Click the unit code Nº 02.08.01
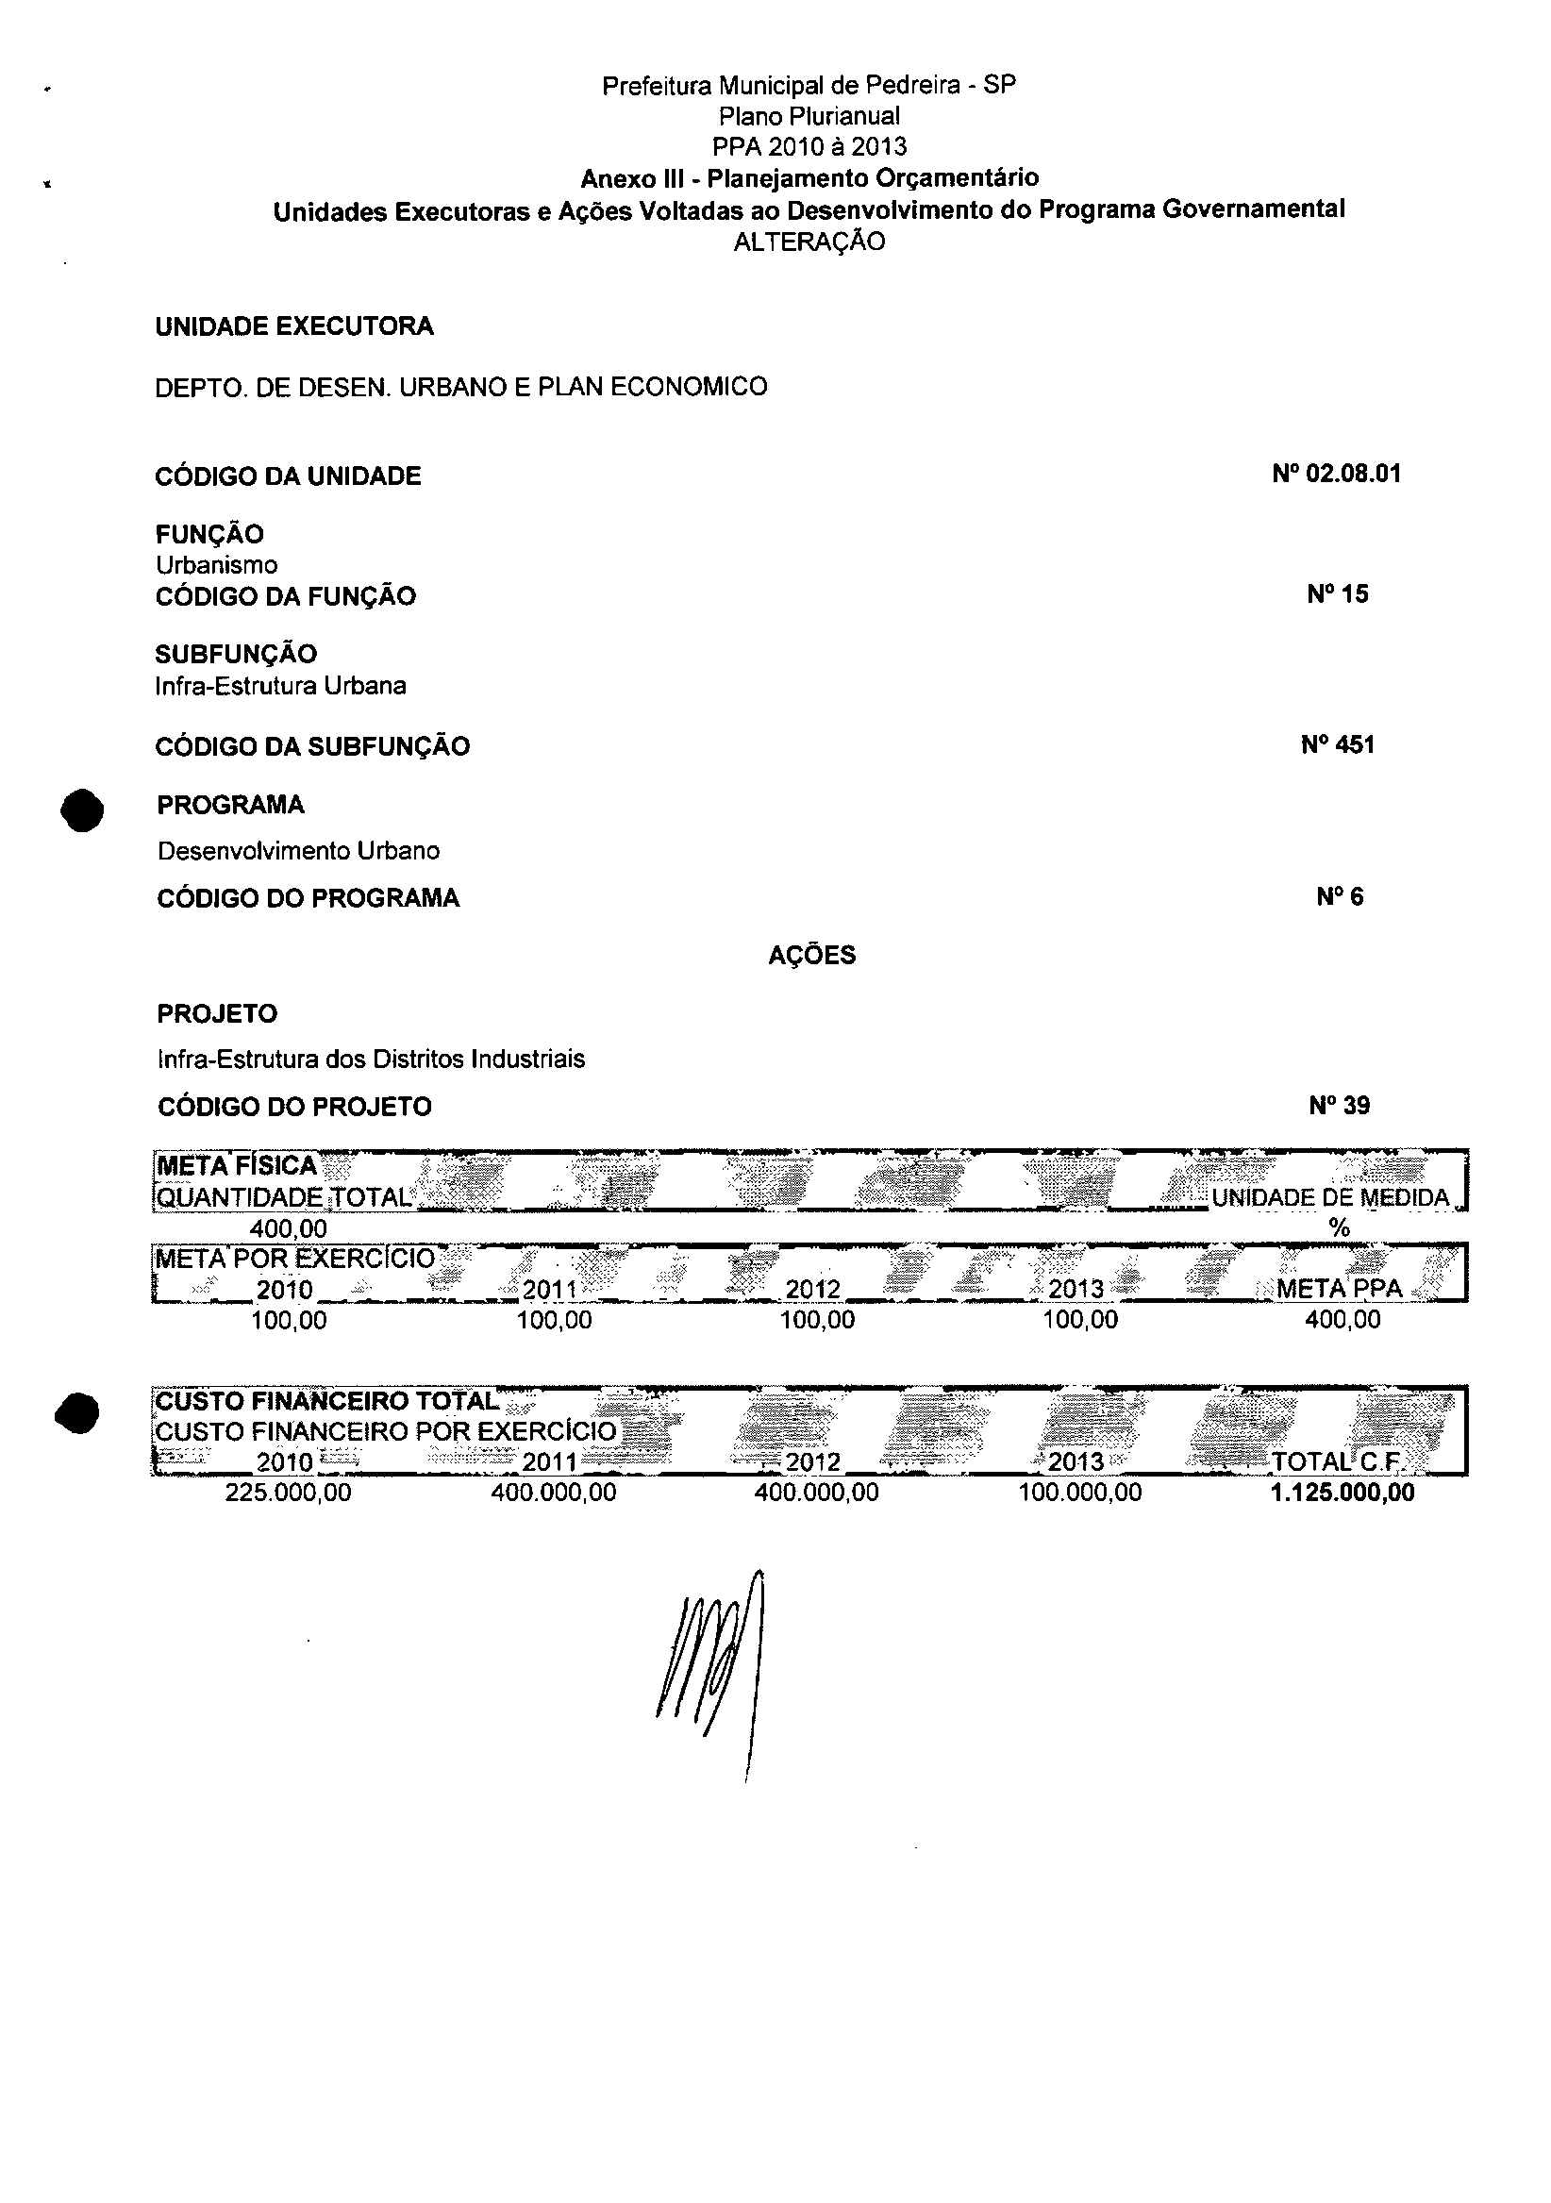coord(1336,474)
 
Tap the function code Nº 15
coord(1337,594)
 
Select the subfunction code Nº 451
coord(1337,745)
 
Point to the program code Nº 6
coord(1339,897)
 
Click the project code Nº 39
coord(1339,1107)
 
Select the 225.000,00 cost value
coord(288,1493)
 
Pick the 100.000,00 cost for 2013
coord(1080,1493)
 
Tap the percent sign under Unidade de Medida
coord(1339,1228)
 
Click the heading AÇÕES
coord(811,956)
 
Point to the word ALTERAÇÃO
coord(809,242)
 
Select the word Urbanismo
coord(216,565)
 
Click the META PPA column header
coord(1339,1289)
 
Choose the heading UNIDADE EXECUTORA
coord(294,326)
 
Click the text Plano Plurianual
coord(809,116)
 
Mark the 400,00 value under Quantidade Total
coord(288,1228)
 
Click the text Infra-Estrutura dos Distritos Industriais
coord(371,1060)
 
